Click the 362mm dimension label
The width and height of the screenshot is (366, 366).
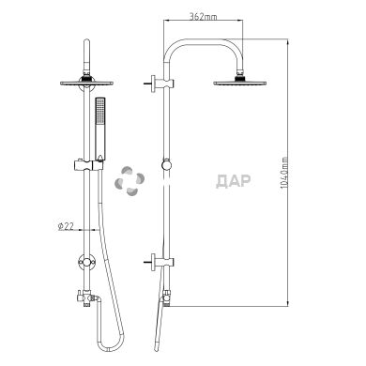coord(204,16)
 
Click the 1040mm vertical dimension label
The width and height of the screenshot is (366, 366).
coord(284,173)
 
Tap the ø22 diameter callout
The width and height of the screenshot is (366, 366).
coord(66,226)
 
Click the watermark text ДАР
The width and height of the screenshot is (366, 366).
coord(233,181)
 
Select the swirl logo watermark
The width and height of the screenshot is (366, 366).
coord(130,181)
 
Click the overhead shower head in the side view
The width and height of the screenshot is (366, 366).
coord(240,83)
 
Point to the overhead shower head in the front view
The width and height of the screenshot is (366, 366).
coord(86,83)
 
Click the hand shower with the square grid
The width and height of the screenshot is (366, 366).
coord(100,129)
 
